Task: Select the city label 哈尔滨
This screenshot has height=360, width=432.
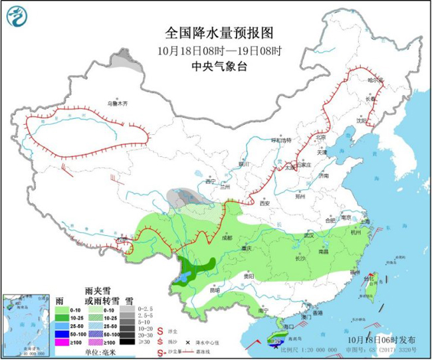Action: point(376,80)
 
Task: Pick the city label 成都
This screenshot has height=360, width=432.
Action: point(228,236)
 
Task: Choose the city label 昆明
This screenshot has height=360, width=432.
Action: point(213,290)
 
